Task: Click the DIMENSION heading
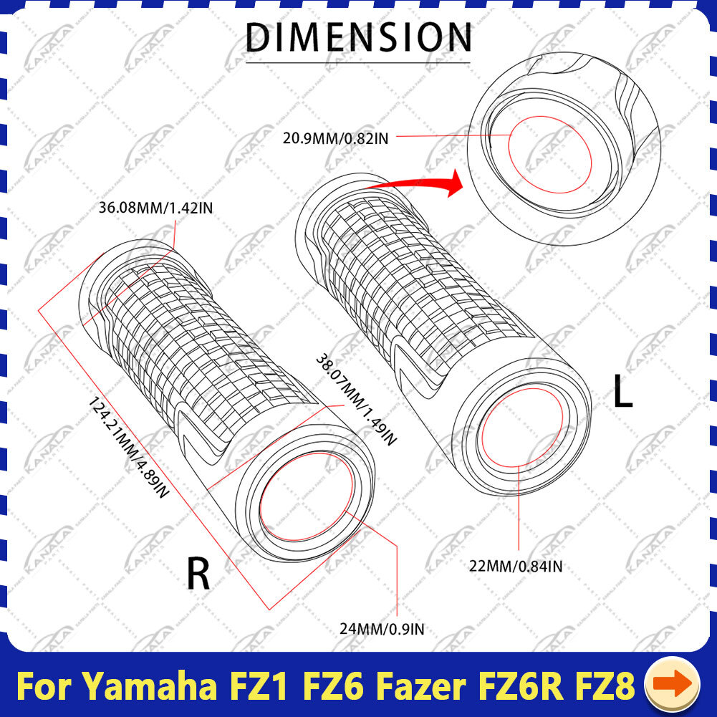coord(358,37)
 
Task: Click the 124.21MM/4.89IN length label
coord(128,447)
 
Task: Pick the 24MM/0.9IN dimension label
coord(382,630)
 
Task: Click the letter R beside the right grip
coord(198,574)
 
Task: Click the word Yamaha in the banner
coord(151,686)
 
